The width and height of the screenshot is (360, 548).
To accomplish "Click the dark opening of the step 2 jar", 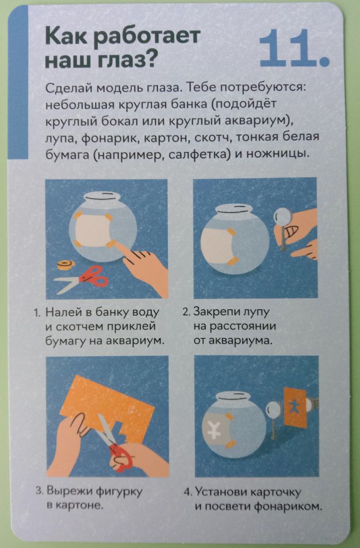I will (x=235, y=209).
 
